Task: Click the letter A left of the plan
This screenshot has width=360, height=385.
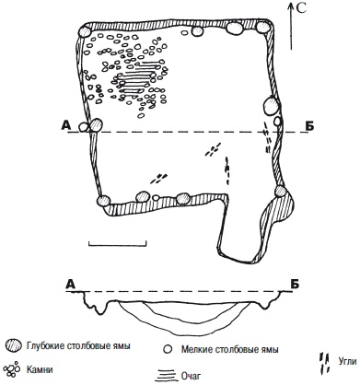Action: click(x=66, y=125)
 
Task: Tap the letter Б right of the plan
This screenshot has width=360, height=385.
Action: click(x=309, y=126)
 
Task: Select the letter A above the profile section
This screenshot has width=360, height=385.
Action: click(x=71, y=285)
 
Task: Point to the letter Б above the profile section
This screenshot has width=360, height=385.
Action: click(x=294, y=285)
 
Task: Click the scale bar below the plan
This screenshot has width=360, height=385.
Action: click(x=118, y=244)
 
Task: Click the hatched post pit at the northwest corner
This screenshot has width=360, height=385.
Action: click(x=85, y=31)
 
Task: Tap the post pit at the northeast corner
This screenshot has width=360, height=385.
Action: click(x=263, y=28)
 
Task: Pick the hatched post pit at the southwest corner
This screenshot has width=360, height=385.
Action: click(x=103, y=201)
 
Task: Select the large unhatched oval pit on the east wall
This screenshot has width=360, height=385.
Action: click(x=272, y=106)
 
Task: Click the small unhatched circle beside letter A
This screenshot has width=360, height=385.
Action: click(x=83, y=126)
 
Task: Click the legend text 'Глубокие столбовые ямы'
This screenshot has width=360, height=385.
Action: click(x=78, y=346)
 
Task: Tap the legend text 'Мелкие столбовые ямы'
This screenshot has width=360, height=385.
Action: click(x=230, y=349)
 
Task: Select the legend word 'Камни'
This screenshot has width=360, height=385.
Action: click(x=40, y=369)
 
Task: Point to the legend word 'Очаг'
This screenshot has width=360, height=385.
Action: click(x=191, y=375)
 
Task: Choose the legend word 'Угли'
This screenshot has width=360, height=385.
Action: click(x=347, y=361)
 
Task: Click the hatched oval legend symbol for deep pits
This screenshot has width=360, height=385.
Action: click(x=14, y=345)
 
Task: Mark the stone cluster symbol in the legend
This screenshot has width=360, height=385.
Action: click(x=13, y=368)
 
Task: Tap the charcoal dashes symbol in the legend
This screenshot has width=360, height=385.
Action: click(x=324, y=364)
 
